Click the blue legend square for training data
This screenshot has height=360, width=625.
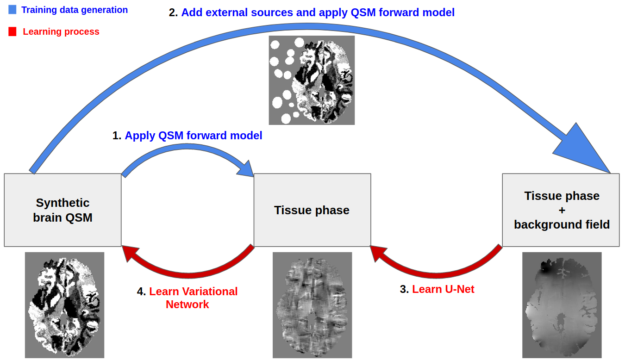pyautogui.click(x=12, y=9)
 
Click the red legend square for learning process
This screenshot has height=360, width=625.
pyautogui.click(x=12, y=31)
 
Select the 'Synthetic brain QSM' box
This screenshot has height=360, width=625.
pyautogui.click(x=62, y=210)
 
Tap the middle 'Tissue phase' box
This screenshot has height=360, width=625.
pyautogui.click(x=312, y=210)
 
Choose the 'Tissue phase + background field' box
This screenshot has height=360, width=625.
pyautogui.click(x=561, y=210)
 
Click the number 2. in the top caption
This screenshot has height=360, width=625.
pyautogui.click(x=174, y=12)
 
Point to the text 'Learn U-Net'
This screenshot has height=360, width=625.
pyautogui.click(x=443, y=289)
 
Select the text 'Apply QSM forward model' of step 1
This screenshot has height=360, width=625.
pyautogui.click(x=194, y=136)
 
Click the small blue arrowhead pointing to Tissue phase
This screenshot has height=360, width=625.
pyautogui.click(x=245, y=169)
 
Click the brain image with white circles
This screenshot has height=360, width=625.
pyautogui.click(x=312, y=80)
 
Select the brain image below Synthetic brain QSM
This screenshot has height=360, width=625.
pyautogui.click(x=64, y=304)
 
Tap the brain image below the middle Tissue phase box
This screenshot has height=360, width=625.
pyautogui.click(x=312, y=304)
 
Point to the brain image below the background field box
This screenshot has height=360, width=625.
pyautogui.click(x=562, y=304)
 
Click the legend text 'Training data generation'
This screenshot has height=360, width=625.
pyautogui.click(x=75, y=10)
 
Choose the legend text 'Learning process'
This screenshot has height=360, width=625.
pyautogui.click(x=61, y=32)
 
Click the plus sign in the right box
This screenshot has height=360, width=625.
pyautogui.click(x=562, y=211)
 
